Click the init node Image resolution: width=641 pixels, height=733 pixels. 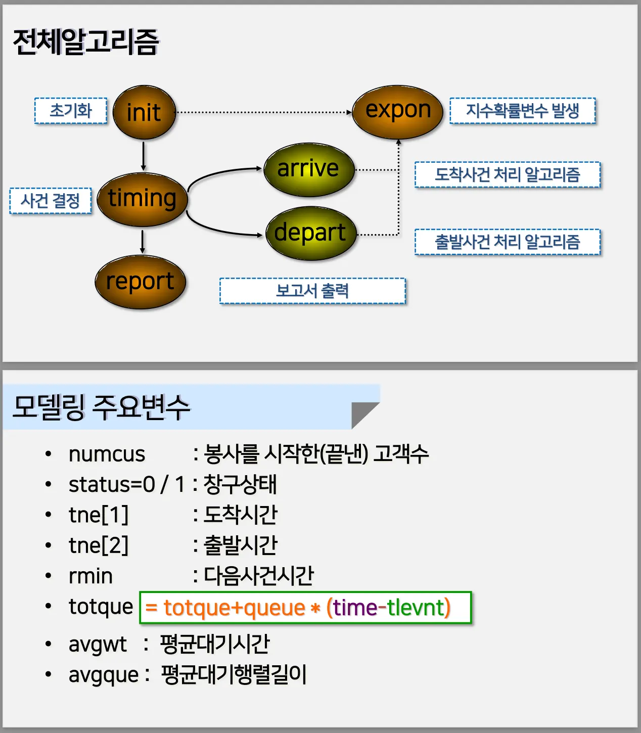tap(144, 112)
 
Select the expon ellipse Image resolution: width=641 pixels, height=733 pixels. tap(397, 111)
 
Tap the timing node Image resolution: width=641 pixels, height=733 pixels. tap(142, 199)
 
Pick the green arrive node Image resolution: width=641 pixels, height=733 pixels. tap(308, 169)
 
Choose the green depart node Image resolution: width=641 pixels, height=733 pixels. tap(310, 233)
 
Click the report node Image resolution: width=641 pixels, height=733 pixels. tap(140, 282)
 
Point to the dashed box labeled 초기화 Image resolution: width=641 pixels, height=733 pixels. tap(71, 111)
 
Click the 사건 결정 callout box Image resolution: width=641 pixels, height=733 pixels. tap(51, 201)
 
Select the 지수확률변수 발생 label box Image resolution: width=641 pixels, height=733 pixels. tap(522, 111)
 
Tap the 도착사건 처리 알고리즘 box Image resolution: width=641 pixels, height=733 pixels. tap(507, 175)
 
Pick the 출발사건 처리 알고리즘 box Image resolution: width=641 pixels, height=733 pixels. tap(507, 242)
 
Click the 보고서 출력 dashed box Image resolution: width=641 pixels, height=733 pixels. tap(312, 291)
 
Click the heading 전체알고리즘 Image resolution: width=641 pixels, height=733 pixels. tap(85, 41)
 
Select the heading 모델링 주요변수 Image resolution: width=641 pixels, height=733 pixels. tap(101, 407)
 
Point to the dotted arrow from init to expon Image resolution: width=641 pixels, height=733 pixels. tap(263, 112)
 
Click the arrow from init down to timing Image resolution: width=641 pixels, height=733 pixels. tap(144, 156)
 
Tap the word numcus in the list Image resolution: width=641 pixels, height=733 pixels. tap(107, 454)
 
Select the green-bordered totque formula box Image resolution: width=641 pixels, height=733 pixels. tap(305, 608)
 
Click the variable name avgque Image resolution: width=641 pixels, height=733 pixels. tap(104, 675)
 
